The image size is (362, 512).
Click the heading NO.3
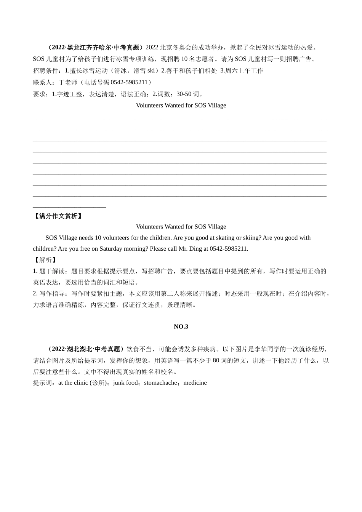181,326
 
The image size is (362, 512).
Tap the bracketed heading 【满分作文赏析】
58,216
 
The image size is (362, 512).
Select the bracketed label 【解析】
45,260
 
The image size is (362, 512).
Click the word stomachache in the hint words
160,382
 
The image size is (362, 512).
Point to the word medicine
195,382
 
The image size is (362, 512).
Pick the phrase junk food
125,382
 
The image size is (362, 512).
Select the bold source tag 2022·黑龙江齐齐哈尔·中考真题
95,48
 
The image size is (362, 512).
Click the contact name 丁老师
68,82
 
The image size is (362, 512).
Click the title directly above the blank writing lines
181,105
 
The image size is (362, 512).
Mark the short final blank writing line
69,208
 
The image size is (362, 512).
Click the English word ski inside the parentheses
151,70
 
